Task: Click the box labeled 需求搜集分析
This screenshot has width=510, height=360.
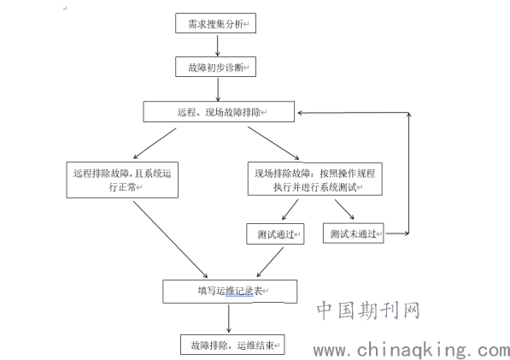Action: (215, 23)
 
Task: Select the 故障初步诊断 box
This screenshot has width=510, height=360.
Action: (215, 67)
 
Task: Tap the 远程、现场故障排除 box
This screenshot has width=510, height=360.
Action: (219, 112)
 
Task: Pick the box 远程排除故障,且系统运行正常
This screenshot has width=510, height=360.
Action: (122, 180)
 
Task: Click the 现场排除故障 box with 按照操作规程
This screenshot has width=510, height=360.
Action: (315, 179)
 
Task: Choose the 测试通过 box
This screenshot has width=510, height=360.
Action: (275, 233)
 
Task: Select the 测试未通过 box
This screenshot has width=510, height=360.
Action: (353, 233)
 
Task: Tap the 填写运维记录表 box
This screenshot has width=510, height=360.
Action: (230, 292)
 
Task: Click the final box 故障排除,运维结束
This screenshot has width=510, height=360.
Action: (232, 345)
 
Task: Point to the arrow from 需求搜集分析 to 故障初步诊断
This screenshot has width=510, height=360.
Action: (218, 45)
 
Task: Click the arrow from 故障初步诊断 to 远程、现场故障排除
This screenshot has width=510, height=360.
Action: (218, 90)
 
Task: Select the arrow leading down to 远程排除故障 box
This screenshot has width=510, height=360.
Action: (155, 143)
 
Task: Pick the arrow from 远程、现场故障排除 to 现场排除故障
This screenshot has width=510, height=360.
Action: (273, 143)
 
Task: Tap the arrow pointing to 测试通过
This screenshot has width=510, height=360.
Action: (290, 210)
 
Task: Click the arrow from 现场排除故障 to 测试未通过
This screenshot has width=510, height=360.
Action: (344, 210)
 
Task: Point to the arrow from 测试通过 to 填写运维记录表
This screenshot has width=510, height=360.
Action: (270, 262)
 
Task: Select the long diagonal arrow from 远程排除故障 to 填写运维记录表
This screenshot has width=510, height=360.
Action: (171, 239)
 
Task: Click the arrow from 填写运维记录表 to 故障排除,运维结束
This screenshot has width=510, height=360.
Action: (229, 318)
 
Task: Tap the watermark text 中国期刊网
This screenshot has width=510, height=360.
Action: (368, 310)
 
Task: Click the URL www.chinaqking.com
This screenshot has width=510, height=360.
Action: (412, 351)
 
